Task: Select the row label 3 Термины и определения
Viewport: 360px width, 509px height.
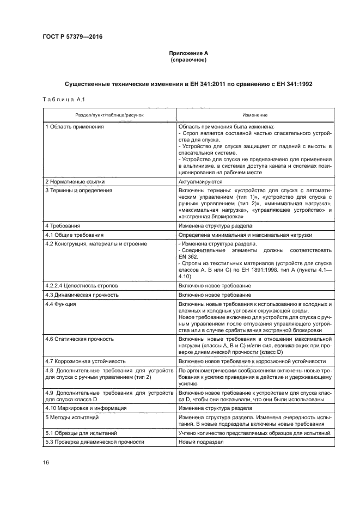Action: pos(78,191)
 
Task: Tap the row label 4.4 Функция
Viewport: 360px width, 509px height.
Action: pos(61,304)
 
